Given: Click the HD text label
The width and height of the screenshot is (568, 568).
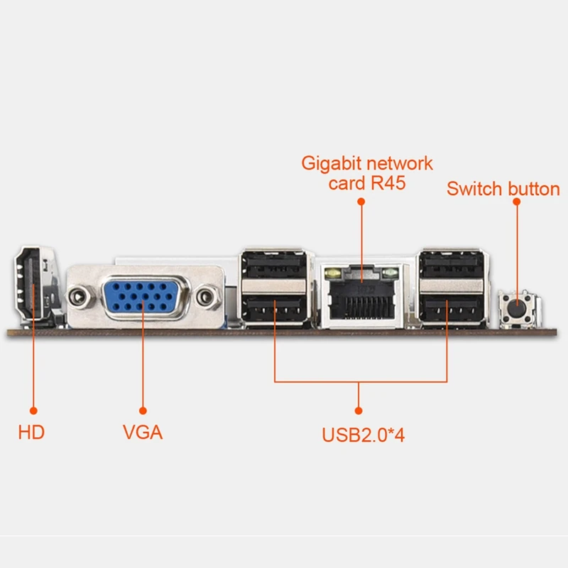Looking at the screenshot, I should coord(31,431).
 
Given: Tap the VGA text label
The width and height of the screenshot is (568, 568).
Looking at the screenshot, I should coord(143,431).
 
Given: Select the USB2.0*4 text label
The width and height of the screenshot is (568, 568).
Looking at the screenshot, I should coord(363,434).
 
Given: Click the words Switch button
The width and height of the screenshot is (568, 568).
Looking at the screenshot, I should coord(503,189).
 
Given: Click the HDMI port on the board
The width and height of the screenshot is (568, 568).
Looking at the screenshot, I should coord(31,285).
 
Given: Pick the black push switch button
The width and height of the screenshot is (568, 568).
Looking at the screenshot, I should coord(517,309).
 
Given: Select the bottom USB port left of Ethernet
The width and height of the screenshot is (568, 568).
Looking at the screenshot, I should coord(275,310).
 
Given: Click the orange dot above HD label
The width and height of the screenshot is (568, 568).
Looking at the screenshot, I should coord(31,410).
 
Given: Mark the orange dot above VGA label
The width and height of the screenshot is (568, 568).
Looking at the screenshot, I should coord(143,410).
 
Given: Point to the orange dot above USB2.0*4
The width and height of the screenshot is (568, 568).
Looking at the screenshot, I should coord(359,410).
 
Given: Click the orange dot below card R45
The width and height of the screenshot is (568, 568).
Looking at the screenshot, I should coord(361,202).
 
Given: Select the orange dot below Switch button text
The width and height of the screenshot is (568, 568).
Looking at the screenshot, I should coord(517,202).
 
